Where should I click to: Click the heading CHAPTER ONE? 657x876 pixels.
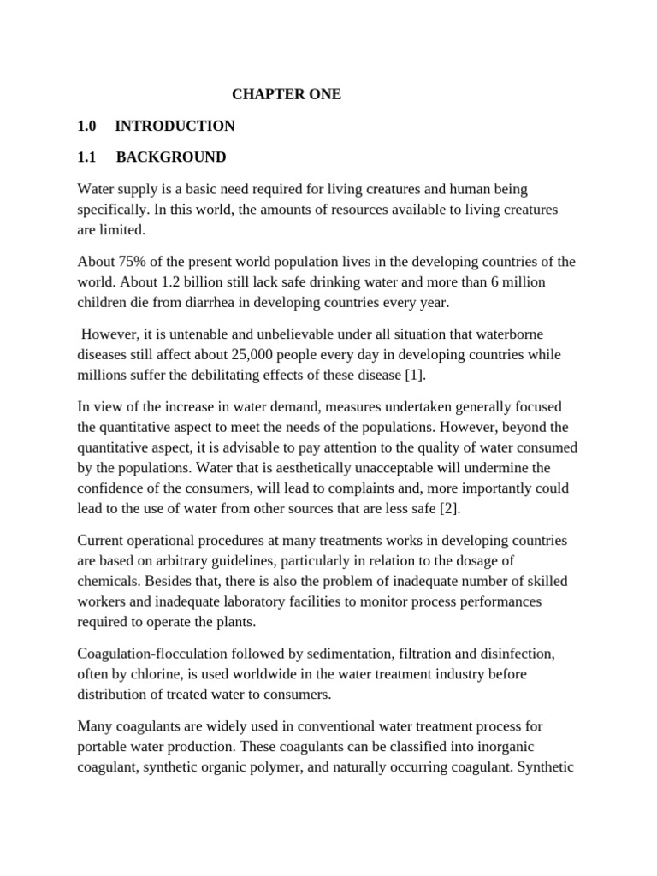coord(287,94)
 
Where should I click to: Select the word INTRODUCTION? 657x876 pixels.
coord(175,126)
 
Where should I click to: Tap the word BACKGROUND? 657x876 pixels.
coord(171,157)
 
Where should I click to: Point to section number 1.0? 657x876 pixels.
coord(86,126)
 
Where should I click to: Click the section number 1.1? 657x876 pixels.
coord(86,157)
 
